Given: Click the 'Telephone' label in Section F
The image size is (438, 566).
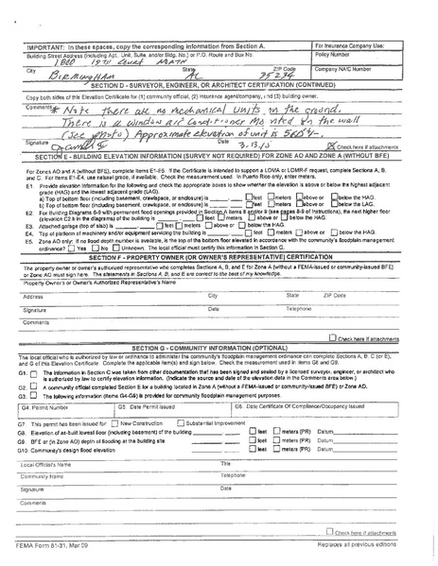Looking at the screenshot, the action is click(298, 309).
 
